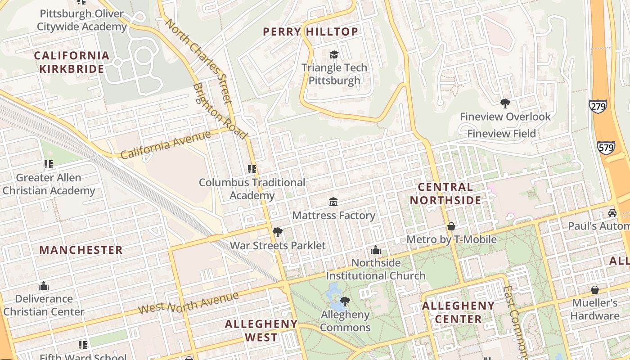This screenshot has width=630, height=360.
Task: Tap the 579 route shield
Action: [x=606, y=148]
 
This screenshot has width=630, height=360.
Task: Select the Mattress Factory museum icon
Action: [x=333, y=202]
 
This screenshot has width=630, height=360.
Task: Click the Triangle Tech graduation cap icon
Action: [x=334, y=54]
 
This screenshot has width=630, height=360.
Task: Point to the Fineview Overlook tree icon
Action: [x=505, y=103]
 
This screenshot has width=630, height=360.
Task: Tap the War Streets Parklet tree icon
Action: [x=278, y=232]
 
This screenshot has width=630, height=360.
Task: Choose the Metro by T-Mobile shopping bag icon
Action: [x=451, y=226]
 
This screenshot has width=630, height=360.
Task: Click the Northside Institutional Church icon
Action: [x=376, y=250]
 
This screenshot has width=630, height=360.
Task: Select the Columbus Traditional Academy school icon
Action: [x=252, y=169]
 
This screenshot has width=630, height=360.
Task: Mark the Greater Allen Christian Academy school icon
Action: [x=48, y=164]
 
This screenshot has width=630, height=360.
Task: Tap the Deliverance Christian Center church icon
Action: [x=44, y=286]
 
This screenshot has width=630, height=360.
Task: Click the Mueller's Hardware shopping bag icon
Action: [x=595, y=289]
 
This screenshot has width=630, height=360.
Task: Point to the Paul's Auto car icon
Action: [x=612, y=212]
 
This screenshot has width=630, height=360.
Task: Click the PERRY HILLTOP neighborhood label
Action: [x=310, y=31]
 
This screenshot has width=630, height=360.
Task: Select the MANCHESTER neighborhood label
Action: [x=81, y=250]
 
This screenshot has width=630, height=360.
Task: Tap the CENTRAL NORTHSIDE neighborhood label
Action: [x=445, y=193]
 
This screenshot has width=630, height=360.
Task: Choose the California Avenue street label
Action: [x=166, y=145]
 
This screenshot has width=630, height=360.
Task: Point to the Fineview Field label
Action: [x=502, y=134]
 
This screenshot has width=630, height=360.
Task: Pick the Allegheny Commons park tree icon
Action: [x=345, y=301]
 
